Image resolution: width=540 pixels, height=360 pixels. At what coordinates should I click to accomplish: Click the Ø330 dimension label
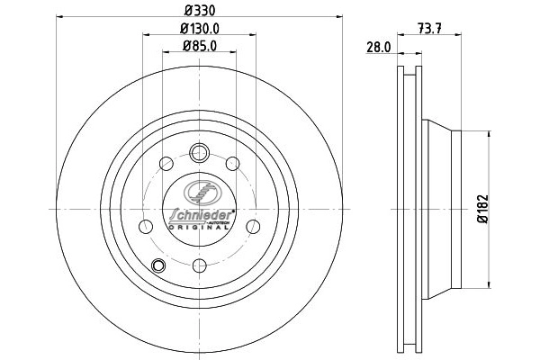(197, 10)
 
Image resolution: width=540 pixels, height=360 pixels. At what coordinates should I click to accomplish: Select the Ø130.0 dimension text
(198, 30)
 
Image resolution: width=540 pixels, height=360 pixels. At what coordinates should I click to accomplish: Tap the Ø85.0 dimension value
(198, 47)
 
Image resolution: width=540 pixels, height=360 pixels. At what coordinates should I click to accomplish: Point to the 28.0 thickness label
(378, 48)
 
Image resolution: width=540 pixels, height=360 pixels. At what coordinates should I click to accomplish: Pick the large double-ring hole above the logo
(199, 153)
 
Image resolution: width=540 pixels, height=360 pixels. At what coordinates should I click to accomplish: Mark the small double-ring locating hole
(160, 265)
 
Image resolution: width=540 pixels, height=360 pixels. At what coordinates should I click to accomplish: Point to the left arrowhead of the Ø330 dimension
(58, 16)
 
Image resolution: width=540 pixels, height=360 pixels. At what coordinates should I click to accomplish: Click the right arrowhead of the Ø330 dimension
(342, 16)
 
